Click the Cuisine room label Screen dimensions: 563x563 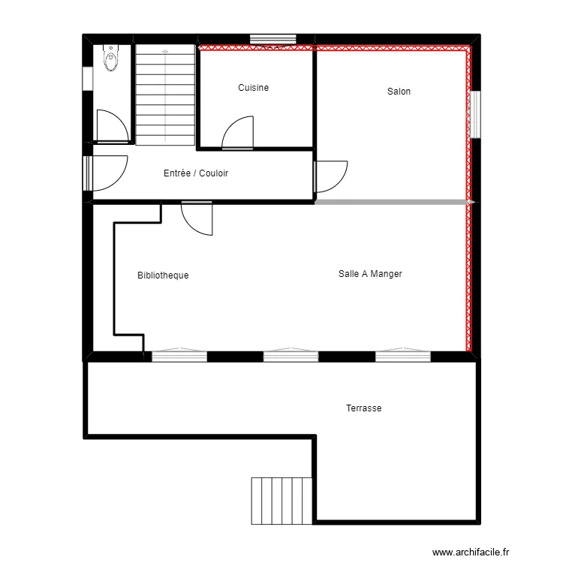point(253,88)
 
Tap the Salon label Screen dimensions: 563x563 point(399,92)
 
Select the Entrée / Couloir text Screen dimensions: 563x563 point(195,173)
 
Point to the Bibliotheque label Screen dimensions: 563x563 point(163,275)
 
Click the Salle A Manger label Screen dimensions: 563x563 point(370,274)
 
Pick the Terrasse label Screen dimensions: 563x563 point(364,408)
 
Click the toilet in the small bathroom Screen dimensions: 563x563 point(112,58)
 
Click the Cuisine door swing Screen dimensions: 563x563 point(239,134)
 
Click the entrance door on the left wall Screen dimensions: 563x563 point(105,173)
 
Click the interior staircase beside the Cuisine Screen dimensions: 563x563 point(165,95)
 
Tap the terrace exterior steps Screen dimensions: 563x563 point(281,501)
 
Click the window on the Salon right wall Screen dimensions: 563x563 point(474,114)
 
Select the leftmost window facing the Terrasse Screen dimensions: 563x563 point(179,356)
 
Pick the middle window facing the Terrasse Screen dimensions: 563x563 point(291,356)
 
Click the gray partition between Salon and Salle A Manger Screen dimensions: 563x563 point(390,202)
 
